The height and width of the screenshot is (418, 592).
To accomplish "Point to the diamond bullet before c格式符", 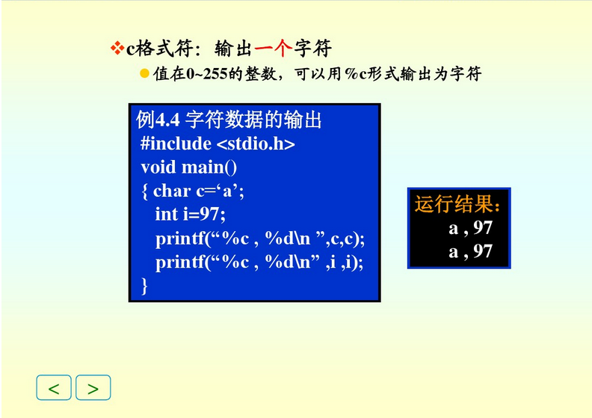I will click(x=116, y=49).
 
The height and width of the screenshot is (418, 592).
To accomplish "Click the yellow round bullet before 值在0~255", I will click(x=145, y=73).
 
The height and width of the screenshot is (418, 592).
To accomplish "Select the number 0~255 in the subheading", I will click(x=208, y=74).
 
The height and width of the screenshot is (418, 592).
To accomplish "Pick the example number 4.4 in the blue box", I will click(x=169, y=120).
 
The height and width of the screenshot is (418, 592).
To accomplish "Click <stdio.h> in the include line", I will click(x=256, y=144).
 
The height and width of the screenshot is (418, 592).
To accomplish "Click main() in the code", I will click(x=210, y=167).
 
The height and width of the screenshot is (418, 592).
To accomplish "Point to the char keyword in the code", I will click(x=172, y=191).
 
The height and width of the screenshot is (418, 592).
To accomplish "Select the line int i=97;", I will click(x=190, y=215).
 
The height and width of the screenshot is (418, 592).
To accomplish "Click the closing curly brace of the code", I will click(x=144, y=286).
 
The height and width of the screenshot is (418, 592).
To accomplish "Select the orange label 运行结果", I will click(x=457, y=204).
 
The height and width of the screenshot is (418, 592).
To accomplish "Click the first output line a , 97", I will click(x=470, y=227).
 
